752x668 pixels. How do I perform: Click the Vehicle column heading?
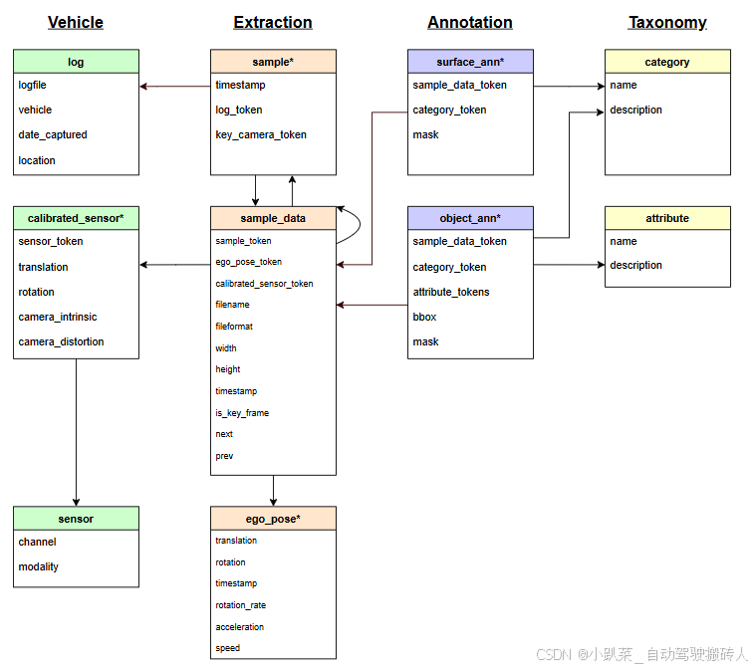pos(76,23)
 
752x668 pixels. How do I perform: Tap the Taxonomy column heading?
pos(667,23)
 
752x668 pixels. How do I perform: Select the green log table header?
pos(77,62)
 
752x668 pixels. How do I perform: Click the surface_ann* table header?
pos(470,62)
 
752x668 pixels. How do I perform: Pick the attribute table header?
pos(667,218)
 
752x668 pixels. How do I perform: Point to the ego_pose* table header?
pos(273,519)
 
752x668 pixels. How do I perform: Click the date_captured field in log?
pos(53,134)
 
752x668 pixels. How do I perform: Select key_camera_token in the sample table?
pos(261,134)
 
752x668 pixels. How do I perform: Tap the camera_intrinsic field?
pos(58,317)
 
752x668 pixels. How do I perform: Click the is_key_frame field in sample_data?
pos(242,413)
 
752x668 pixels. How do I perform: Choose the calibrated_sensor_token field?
pos(264,284)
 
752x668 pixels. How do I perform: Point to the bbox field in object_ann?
pos(424,317)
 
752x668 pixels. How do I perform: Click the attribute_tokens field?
pos(451,292)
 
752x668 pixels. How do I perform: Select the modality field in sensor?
pos(39,566)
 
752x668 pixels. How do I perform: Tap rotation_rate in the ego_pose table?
pos(241,605)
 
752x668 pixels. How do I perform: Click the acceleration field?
pos(240,627)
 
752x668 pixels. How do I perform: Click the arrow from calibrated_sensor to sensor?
pos(77,432)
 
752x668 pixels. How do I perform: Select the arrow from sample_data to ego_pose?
pos(273,491)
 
